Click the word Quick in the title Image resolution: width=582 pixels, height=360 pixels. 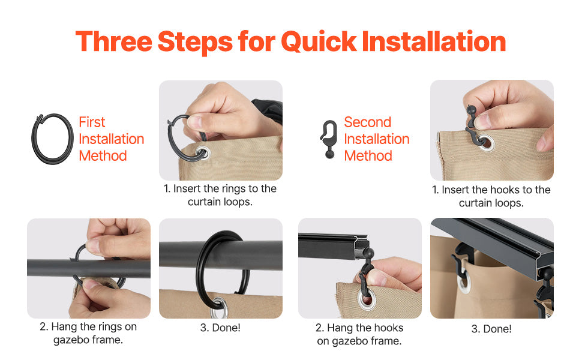(319, 41)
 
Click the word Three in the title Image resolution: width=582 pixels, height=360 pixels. (114, 41)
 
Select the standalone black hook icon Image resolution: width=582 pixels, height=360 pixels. (329, 139)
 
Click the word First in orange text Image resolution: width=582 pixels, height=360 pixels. (92, 122)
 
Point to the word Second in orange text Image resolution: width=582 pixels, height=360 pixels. (367, 122)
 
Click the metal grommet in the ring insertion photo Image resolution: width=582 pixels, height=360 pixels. (203, 152)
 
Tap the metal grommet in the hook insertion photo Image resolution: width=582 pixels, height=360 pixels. (486, 143)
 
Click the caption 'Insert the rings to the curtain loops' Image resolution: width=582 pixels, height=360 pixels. (220, 195)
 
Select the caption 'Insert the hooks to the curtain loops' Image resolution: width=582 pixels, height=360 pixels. (491, 196)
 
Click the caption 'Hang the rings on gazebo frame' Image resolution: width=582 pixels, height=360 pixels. (88, 333)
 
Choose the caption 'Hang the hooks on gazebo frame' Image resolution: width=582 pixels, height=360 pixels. (359, 334)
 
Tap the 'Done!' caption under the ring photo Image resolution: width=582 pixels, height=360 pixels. (220, 328)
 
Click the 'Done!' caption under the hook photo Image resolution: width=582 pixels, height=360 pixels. (491, 329)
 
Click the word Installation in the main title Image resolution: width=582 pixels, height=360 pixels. (434, 41)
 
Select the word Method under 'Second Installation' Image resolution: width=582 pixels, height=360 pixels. (368, 156)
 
